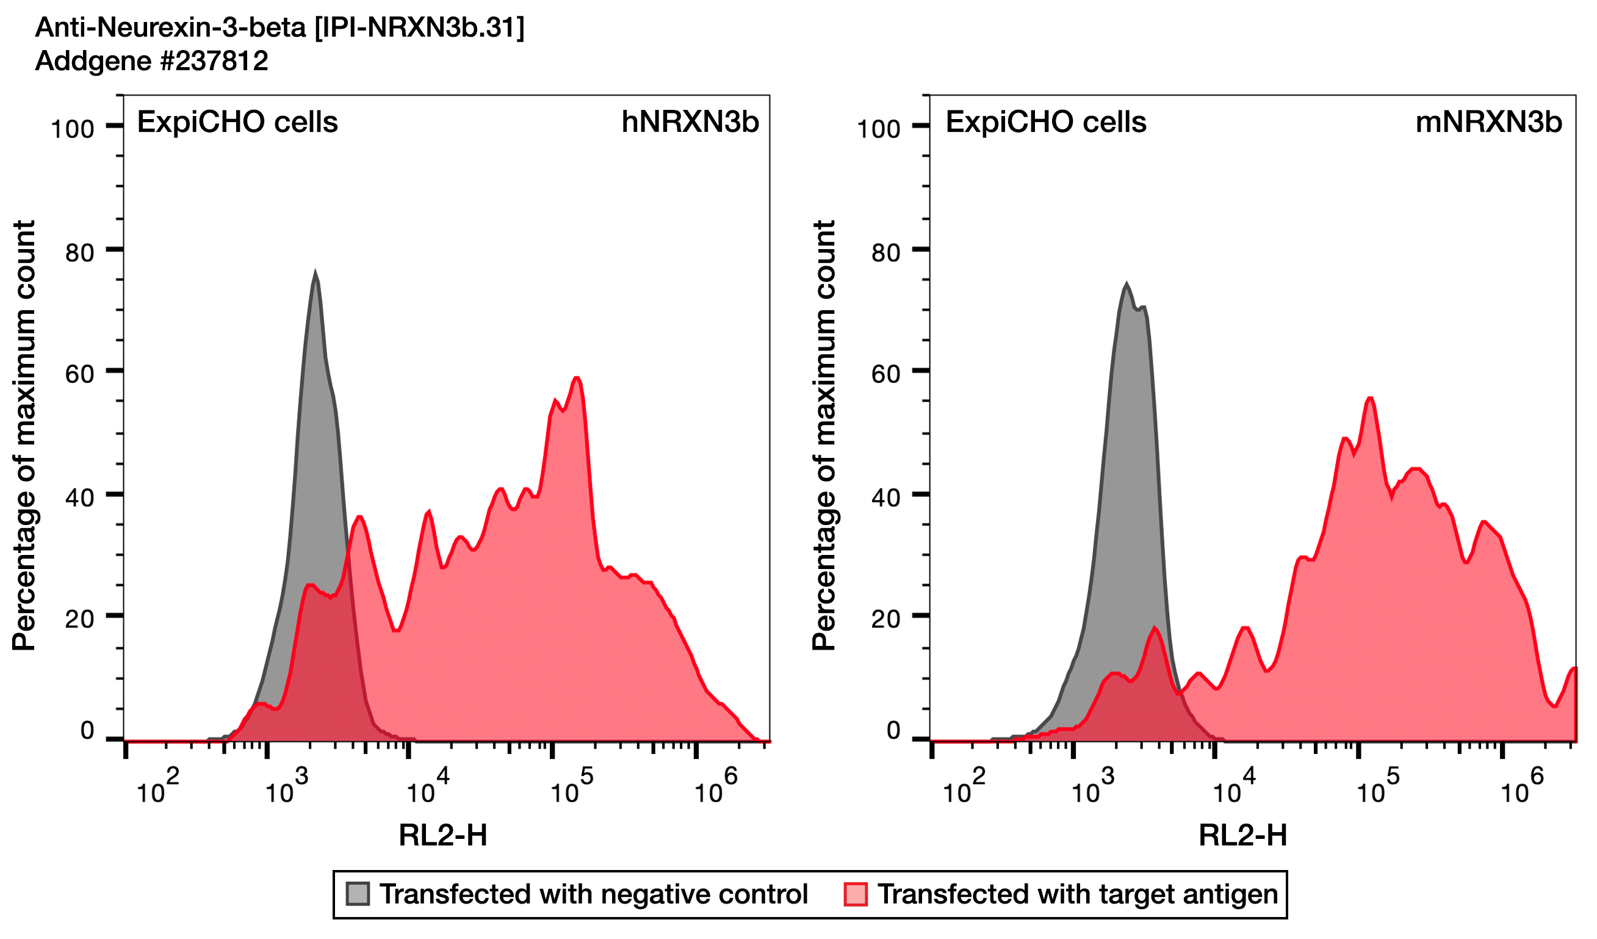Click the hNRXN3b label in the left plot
tap(690, 122)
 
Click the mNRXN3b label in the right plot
tap(1488, 122)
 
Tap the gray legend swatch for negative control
tap(358, 894)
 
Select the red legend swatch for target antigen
tap(856, 894)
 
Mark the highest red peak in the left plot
tap(576, 379)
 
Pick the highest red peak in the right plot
tap(1369, 399)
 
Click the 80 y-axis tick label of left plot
tap(79, 253)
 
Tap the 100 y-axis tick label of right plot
tap(878, 129)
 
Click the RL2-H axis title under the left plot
tap(443, 835)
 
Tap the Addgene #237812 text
tap(151, 62)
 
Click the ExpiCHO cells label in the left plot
tap(237, 122)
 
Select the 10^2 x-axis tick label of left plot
tap(157, 789)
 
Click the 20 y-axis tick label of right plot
tap(885, 620)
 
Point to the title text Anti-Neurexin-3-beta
tap(279, 27)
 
